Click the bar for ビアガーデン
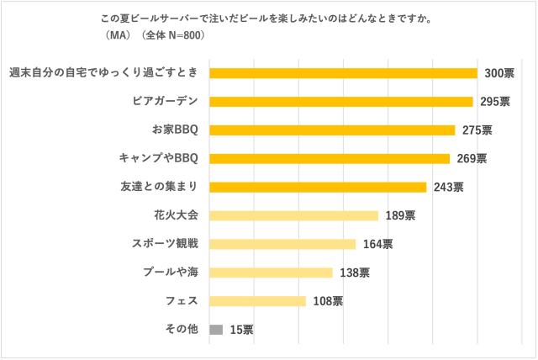(340, 102)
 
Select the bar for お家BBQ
(332, 130)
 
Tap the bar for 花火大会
(293, 215)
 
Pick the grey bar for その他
(216, 330)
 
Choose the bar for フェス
(257, 301)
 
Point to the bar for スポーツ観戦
(282, 244)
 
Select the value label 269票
(472, 158)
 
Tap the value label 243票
(449, 187)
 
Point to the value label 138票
(354, 273)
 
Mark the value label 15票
(241, 330)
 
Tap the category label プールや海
(171, 273)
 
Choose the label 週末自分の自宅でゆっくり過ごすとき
(103, 73)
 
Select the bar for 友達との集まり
(318, 187)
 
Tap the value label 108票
(327, 301)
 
